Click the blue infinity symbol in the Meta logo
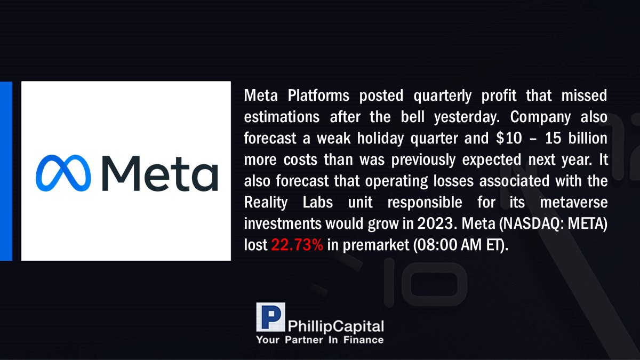[x=63, y=173]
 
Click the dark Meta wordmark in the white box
[x=160, y=173]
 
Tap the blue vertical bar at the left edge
[x=6, y=171]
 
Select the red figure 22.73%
[x=297, y=245]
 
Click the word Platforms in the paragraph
[x=318, y=95]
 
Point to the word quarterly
[x=442, y=96]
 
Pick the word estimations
[x=282, y=117]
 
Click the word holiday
[x=381, y=139]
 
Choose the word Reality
[x=266, y=203]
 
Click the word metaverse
[x=574, y=203]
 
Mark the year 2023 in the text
[x=435, y=223]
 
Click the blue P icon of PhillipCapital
[x=270, y=317]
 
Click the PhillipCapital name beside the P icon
[x=335, y=326]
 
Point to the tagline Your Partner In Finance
[x=320, y=340]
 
